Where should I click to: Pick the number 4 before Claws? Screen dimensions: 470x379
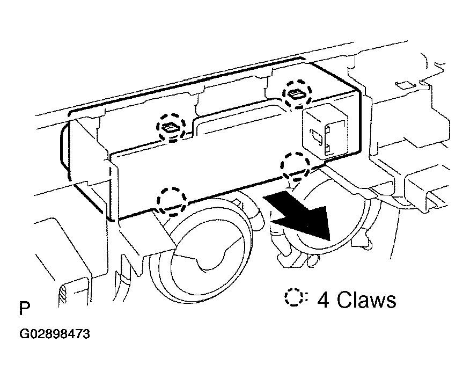(323, 300)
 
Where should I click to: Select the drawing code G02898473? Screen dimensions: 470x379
(55, 334)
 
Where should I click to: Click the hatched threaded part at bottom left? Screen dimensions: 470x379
(63, 296)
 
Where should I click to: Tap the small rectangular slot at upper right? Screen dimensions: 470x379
(403, 85)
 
